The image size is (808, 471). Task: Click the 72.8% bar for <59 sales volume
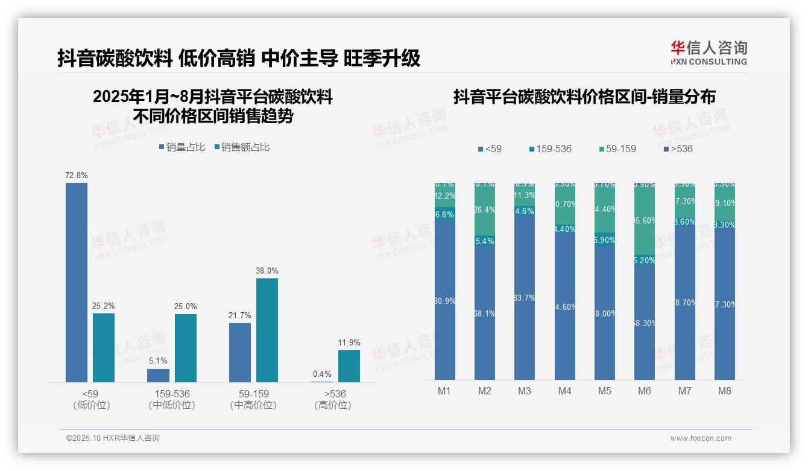pos(77,282)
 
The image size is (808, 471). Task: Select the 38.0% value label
pos(267,271)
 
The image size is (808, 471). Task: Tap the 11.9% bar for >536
pos(349,366)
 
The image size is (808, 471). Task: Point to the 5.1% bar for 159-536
pos(158,375)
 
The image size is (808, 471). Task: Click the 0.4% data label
pos(322,374)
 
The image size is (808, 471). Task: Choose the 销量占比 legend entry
pos(182,147)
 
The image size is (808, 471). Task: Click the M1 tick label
pos(444,391)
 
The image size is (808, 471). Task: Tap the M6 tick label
pos(645,391)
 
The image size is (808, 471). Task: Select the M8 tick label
pos(724,391)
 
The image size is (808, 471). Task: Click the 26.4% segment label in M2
pos(485,210)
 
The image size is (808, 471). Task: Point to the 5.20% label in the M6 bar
pos(645,261)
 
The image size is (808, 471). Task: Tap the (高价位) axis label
pos(332,405)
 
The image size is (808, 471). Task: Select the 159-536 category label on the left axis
pos(172,394)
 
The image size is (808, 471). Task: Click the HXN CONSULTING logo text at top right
pos(709,62)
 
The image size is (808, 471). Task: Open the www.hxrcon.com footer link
pos(701,438)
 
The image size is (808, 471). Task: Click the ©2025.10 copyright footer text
pos(113,438)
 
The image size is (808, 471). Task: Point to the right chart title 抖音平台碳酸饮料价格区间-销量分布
pos(584,97)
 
